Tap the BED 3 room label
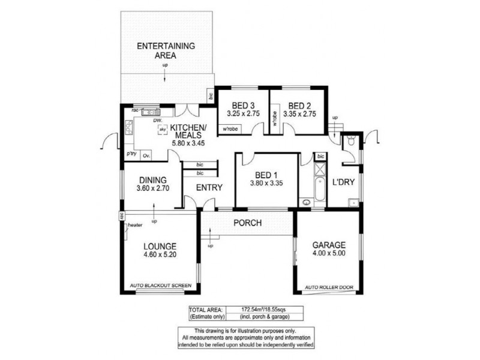pos(241,104)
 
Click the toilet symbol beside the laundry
pos(350,142)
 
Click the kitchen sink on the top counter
pos(149,112)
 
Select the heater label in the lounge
pos(134,226)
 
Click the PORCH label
pos(247,223)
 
